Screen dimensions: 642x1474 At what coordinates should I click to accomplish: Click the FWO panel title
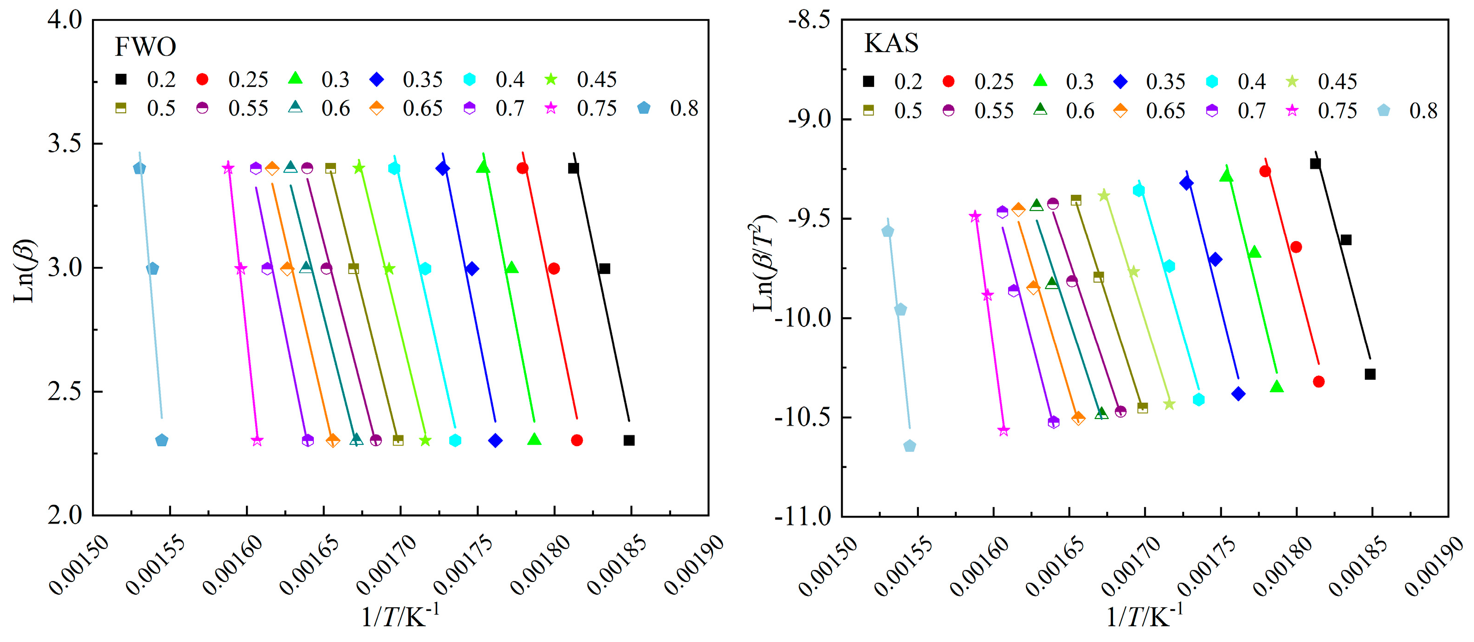pyautogui.click(x=145, y=47)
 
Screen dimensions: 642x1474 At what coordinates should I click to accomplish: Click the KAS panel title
pyautogui.click(x=891, y=43)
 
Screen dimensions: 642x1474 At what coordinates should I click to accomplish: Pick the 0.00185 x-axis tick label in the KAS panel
pyautogui.click(x=1358, y=566)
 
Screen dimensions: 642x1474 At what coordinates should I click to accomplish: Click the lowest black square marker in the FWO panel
pyautogui.click(x=629, y=440)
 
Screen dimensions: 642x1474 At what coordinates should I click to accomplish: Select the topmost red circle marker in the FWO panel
pyautogui.click(x=522, y=168)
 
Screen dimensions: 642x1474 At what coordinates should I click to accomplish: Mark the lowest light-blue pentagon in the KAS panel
pyautogui.click(x=909, y=446)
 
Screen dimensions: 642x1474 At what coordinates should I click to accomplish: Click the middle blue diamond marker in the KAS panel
pyautogui.click(x=1215, y=260)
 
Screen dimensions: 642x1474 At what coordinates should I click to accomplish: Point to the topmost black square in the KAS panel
pyautogui.click(x=1315, y=164)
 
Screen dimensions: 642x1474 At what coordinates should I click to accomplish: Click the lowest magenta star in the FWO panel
pyautogui.click(x=257, y=441)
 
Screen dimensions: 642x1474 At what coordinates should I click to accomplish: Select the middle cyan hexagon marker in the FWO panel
pyautogui.click(x=425, y=269)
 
